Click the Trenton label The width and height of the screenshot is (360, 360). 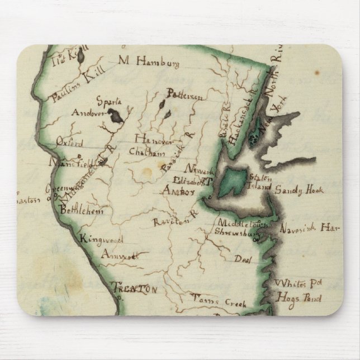(134, 289)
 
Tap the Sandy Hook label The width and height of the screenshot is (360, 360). (299, 191)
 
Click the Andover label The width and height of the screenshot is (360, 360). (88, 112)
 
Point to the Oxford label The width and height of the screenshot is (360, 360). (69, 143)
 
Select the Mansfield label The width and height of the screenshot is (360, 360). (69, 164)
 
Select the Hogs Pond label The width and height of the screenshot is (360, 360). (298, 299)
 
